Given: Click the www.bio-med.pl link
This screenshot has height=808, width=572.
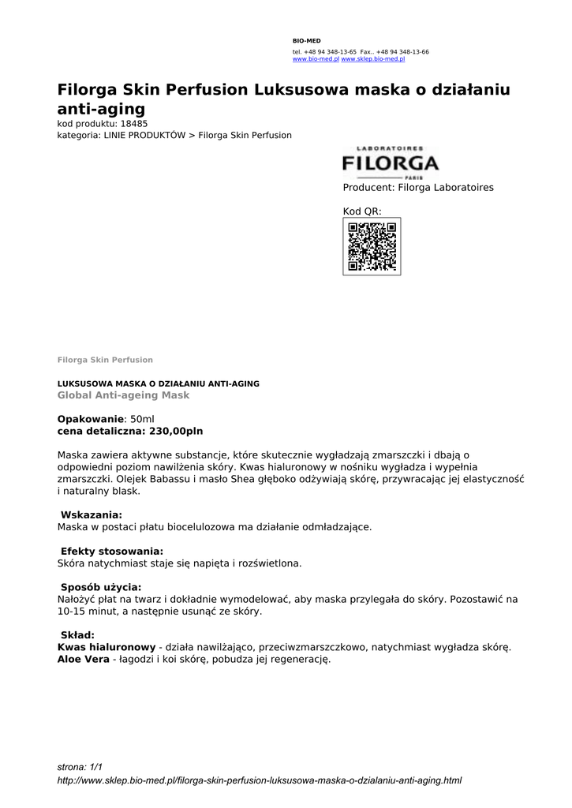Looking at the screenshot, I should pos(316,59).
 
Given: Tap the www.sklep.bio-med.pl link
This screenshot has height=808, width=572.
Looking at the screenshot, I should pos(372,59).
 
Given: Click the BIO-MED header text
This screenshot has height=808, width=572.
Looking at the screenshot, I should pos(307,40).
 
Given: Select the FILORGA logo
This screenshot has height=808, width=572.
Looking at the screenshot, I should pos(391,163).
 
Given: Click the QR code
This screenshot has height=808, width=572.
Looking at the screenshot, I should pos(372,246).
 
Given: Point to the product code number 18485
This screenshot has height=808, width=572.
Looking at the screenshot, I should pos(134,124).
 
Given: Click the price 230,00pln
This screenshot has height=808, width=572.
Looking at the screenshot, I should pos(176,432).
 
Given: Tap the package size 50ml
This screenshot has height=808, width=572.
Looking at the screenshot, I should pos(142,419).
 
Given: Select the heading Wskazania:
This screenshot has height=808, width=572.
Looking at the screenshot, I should pos(92,514).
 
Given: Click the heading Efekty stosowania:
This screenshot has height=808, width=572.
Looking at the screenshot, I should pos(112,551).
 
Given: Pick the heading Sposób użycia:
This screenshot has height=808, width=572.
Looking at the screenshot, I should pos(101,587).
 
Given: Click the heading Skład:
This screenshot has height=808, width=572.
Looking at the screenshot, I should pos(77,635).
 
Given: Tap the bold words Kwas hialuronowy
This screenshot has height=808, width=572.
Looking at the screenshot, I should pos(107,647).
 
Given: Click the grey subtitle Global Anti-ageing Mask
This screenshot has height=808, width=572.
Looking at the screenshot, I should pos(123,395).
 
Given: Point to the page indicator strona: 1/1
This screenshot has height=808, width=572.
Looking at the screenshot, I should pos(80,767).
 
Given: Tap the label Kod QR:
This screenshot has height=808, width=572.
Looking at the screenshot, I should pos(362,211).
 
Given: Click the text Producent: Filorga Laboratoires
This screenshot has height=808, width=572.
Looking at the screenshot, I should pos(418,188).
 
